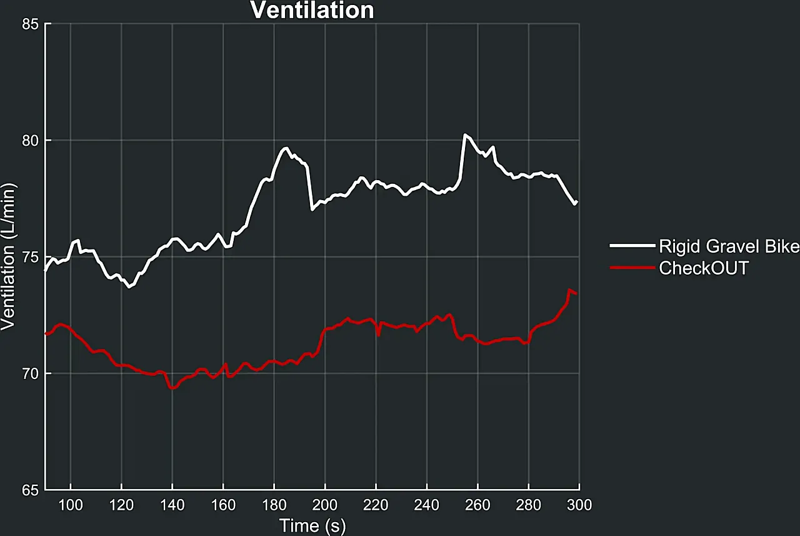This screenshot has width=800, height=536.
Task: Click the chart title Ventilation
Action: coord(312,10)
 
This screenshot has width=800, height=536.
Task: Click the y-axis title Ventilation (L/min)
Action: coord(8,257)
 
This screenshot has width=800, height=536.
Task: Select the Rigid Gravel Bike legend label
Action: coord(729,247)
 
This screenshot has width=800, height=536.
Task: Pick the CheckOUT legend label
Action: coord(703,268)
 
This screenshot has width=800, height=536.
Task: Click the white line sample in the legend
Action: coord(631,247)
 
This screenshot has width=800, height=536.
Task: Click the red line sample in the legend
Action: coord(631,268)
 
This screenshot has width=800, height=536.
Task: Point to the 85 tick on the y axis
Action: coord(30,24)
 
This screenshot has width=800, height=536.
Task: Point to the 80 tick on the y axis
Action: coord(30,141)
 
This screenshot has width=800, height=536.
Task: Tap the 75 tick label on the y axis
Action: coord(30,257)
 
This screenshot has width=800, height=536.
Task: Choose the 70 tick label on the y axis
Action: coord(30,374)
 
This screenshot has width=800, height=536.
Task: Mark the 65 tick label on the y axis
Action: coord(30,490)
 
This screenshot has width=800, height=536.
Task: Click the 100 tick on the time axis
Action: coord(71,505)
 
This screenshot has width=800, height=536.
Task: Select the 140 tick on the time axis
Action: coord(172,505)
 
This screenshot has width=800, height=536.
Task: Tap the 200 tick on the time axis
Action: coord(325,505)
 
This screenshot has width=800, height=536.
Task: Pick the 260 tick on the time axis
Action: coord(477,505)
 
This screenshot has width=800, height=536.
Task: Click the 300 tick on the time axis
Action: coord(579,505)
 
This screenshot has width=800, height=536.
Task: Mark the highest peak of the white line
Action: coord(465,134)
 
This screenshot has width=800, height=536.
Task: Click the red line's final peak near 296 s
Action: coord(569,290)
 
